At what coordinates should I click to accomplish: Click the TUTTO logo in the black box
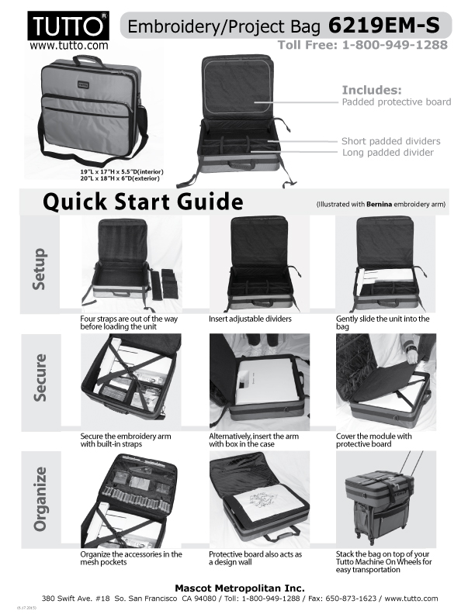pyautogui.click(x=68, y=26)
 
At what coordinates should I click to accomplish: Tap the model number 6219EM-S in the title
pyautogui.click(x=383, y=26)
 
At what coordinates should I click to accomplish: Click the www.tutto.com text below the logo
pyautogui.click(x=68, y=46)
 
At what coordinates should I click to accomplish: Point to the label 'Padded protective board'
pyautogui.click(x=397, y=102)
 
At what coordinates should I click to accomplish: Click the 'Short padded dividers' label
pyautogui.click(x=390, y=141)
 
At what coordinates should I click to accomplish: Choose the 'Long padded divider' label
pyautogui.click(x=387, y=152)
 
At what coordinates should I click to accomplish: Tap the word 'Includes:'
pyautogui.click(x=372, y=90)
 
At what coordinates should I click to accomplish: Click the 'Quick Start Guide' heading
pyautogui.click(x=143, y=202)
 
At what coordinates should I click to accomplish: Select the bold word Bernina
pyautogui.click(x=379, y=205)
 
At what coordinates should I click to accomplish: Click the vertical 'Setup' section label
pyautogui.click(x=40, y=268)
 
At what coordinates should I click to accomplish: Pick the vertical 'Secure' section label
pyautogui.click(x=40, y=378)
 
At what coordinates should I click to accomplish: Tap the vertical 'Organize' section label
pyautogui.click(x=40, y=499)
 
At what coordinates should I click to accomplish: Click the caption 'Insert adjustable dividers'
pyautogui.click(x=250, y=319)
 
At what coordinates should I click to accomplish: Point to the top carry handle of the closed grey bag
pyautogui.click(x=88, y=60)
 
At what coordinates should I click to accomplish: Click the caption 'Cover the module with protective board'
pyautogui.click(x=373, y=440)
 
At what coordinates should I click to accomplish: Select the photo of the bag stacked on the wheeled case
pyautogui.click(x=386, y=499)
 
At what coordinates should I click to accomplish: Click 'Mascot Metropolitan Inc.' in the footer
pyautogui.click(x=240, y=588)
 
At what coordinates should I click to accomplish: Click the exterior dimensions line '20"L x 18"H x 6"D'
pyautogui.click(x=120, y=178)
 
